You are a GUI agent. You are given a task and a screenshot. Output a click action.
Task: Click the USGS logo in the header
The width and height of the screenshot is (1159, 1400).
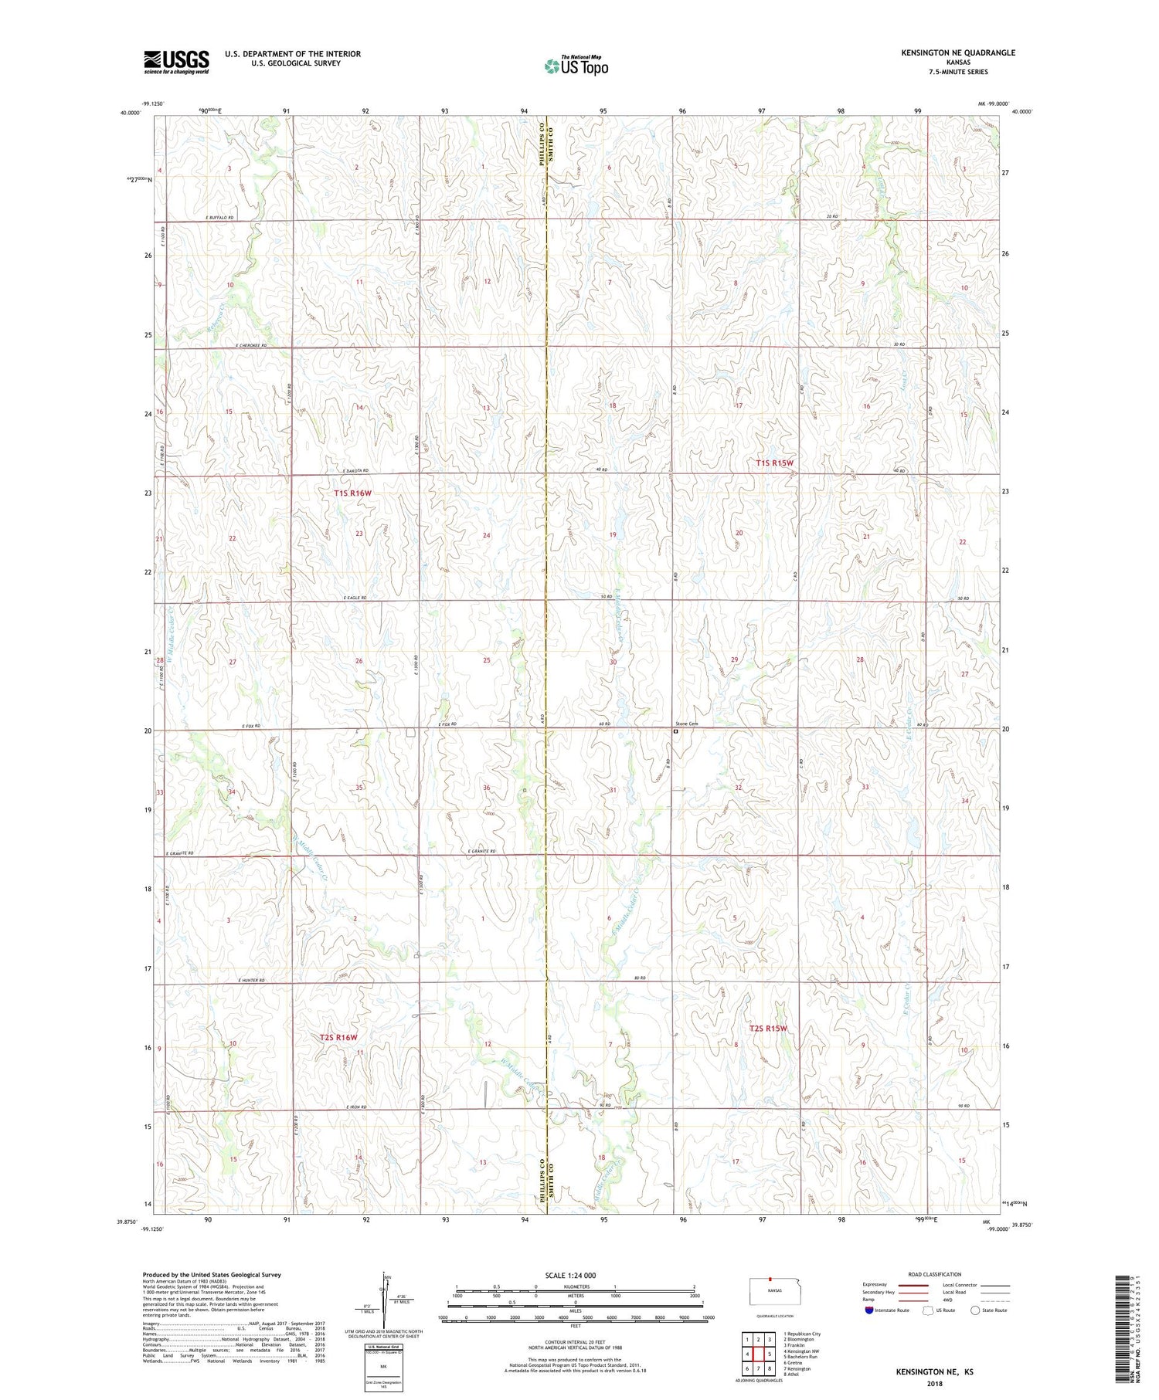coord(176,62)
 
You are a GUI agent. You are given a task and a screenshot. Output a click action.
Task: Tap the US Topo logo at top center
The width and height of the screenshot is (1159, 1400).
coord(576,66)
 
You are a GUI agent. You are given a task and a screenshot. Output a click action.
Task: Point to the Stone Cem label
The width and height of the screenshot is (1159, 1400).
coord(687,724)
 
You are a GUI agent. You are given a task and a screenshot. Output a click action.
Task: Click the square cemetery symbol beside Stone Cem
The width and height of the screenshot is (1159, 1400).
coord(675,731)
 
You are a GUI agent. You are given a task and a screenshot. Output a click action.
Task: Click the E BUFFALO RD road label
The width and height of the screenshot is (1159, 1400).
coord(219,218)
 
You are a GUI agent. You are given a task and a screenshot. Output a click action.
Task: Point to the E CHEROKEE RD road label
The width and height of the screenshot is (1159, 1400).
coord(250,345)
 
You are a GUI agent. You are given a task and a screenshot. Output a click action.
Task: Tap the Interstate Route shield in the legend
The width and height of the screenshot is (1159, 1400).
coord(868,1310)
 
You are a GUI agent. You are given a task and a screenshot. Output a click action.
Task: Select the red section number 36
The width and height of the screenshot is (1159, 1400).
coord(487,788)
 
